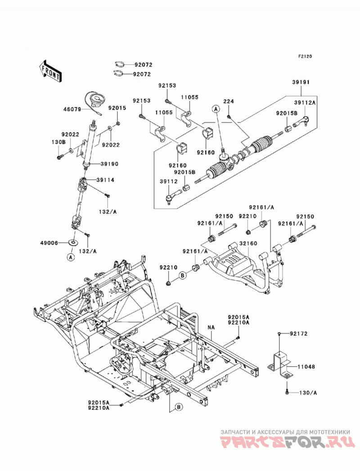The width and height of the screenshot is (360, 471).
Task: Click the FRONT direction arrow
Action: click(50, 72)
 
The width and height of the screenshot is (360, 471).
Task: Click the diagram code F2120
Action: click(305, 56)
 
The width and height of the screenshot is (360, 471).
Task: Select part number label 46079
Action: click(72, 110)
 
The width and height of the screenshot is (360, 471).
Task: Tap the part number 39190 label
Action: click(109, 164)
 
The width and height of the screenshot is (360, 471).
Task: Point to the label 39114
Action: click(105, 180)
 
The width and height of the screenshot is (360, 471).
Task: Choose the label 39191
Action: click(301, 82)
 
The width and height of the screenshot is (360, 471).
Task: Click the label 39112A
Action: click(305, 103)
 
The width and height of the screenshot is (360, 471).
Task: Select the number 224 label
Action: click(229, 101)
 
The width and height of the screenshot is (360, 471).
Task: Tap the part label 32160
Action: click(248, 243)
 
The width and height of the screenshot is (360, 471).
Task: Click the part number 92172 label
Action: click(298, 334)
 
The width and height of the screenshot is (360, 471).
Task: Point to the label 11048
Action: click(306, 367)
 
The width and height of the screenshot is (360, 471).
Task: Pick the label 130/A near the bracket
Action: click(308, 393)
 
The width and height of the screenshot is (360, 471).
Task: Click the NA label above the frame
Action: click(211, 327)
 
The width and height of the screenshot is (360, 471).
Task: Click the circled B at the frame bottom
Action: click(179, 407)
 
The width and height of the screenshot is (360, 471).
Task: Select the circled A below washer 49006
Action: click(70, 257)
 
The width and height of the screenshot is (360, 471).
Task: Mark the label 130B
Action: click(59, 142)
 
